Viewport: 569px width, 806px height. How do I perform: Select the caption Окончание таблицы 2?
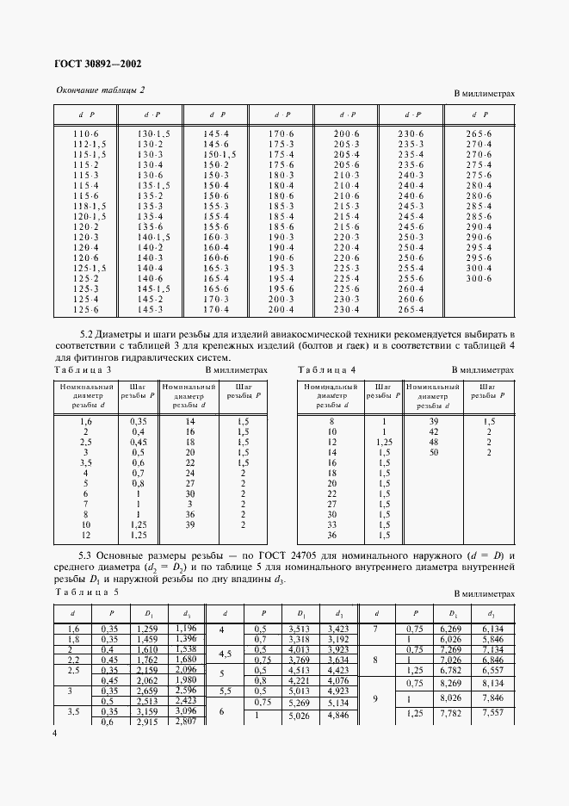(101, 90)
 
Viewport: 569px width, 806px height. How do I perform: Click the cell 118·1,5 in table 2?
(90, 206)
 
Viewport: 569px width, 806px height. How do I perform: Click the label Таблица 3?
(83, 369)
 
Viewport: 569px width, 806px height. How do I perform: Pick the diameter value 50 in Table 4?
(435, 452)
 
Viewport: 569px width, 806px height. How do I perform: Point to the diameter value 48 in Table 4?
(435, 442)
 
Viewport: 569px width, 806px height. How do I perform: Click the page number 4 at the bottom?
(55, 733)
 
